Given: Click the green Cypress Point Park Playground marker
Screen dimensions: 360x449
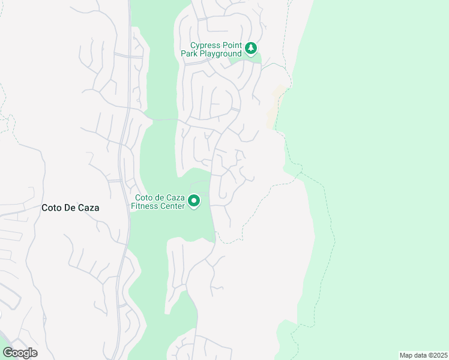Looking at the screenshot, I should pos(252,48).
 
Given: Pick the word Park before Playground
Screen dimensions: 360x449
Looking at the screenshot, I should pos(189,54).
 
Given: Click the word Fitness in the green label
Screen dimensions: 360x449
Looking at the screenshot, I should pos(144,206).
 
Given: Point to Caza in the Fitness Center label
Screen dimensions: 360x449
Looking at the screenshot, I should pos(175,197).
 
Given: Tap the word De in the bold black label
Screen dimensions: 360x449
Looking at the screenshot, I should pos(71,208).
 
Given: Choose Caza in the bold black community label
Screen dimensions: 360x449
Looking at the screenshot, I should pos(89,208).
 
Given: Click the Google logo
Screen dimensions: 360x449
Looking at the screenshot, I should pos(20,353).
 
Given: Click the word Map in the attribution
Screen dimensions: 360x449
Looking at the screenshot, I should pos(406,355).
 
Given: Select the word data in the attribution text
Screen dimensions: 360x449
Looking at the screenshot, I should pos(420,355).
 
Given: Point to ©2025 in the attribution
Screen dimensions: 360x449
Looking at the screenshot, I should pos(437,355).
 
